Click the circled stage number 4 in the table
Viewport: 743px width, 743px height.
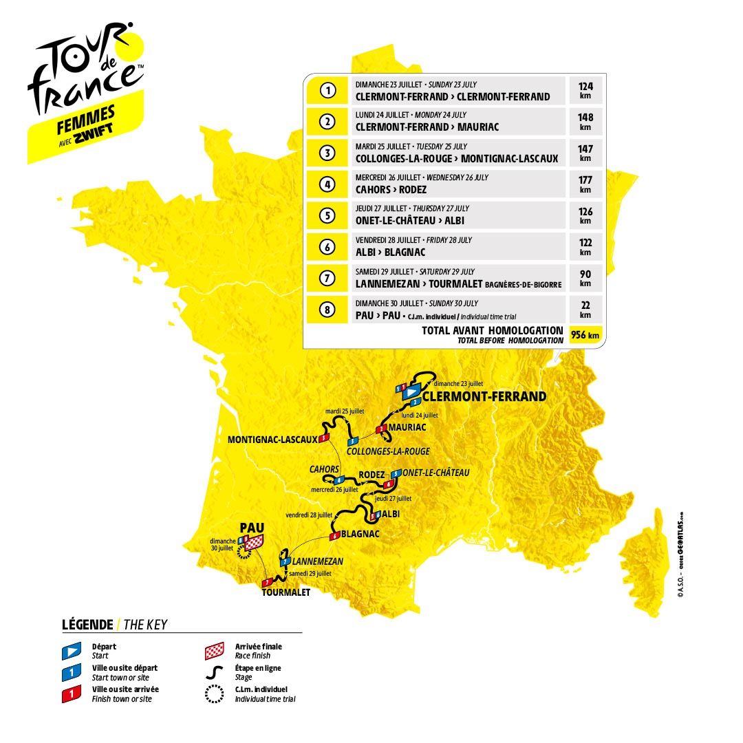coord(328,184)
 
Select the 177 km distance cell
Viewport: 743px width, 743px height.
coord(585,184)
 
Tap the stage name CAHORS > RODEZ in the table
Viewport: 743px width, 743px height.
coord(391,189)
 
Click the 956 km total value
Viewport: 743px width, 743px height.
coord(585,336)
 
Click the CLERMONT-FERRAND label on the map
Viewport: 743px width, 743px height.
coord(484,397)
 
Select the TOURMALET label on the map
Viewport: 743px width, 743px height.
coord(286,592)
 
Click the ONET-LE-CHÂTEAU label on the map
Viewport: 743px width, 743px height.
coord(436,473)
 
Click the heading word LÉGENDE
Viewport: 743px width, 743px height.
coord(87,625)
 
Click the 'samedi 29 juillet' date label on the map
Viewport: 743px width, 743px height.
coord(310,573)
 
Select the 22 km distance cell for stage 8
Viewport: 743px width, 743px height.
coord(585,310)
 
